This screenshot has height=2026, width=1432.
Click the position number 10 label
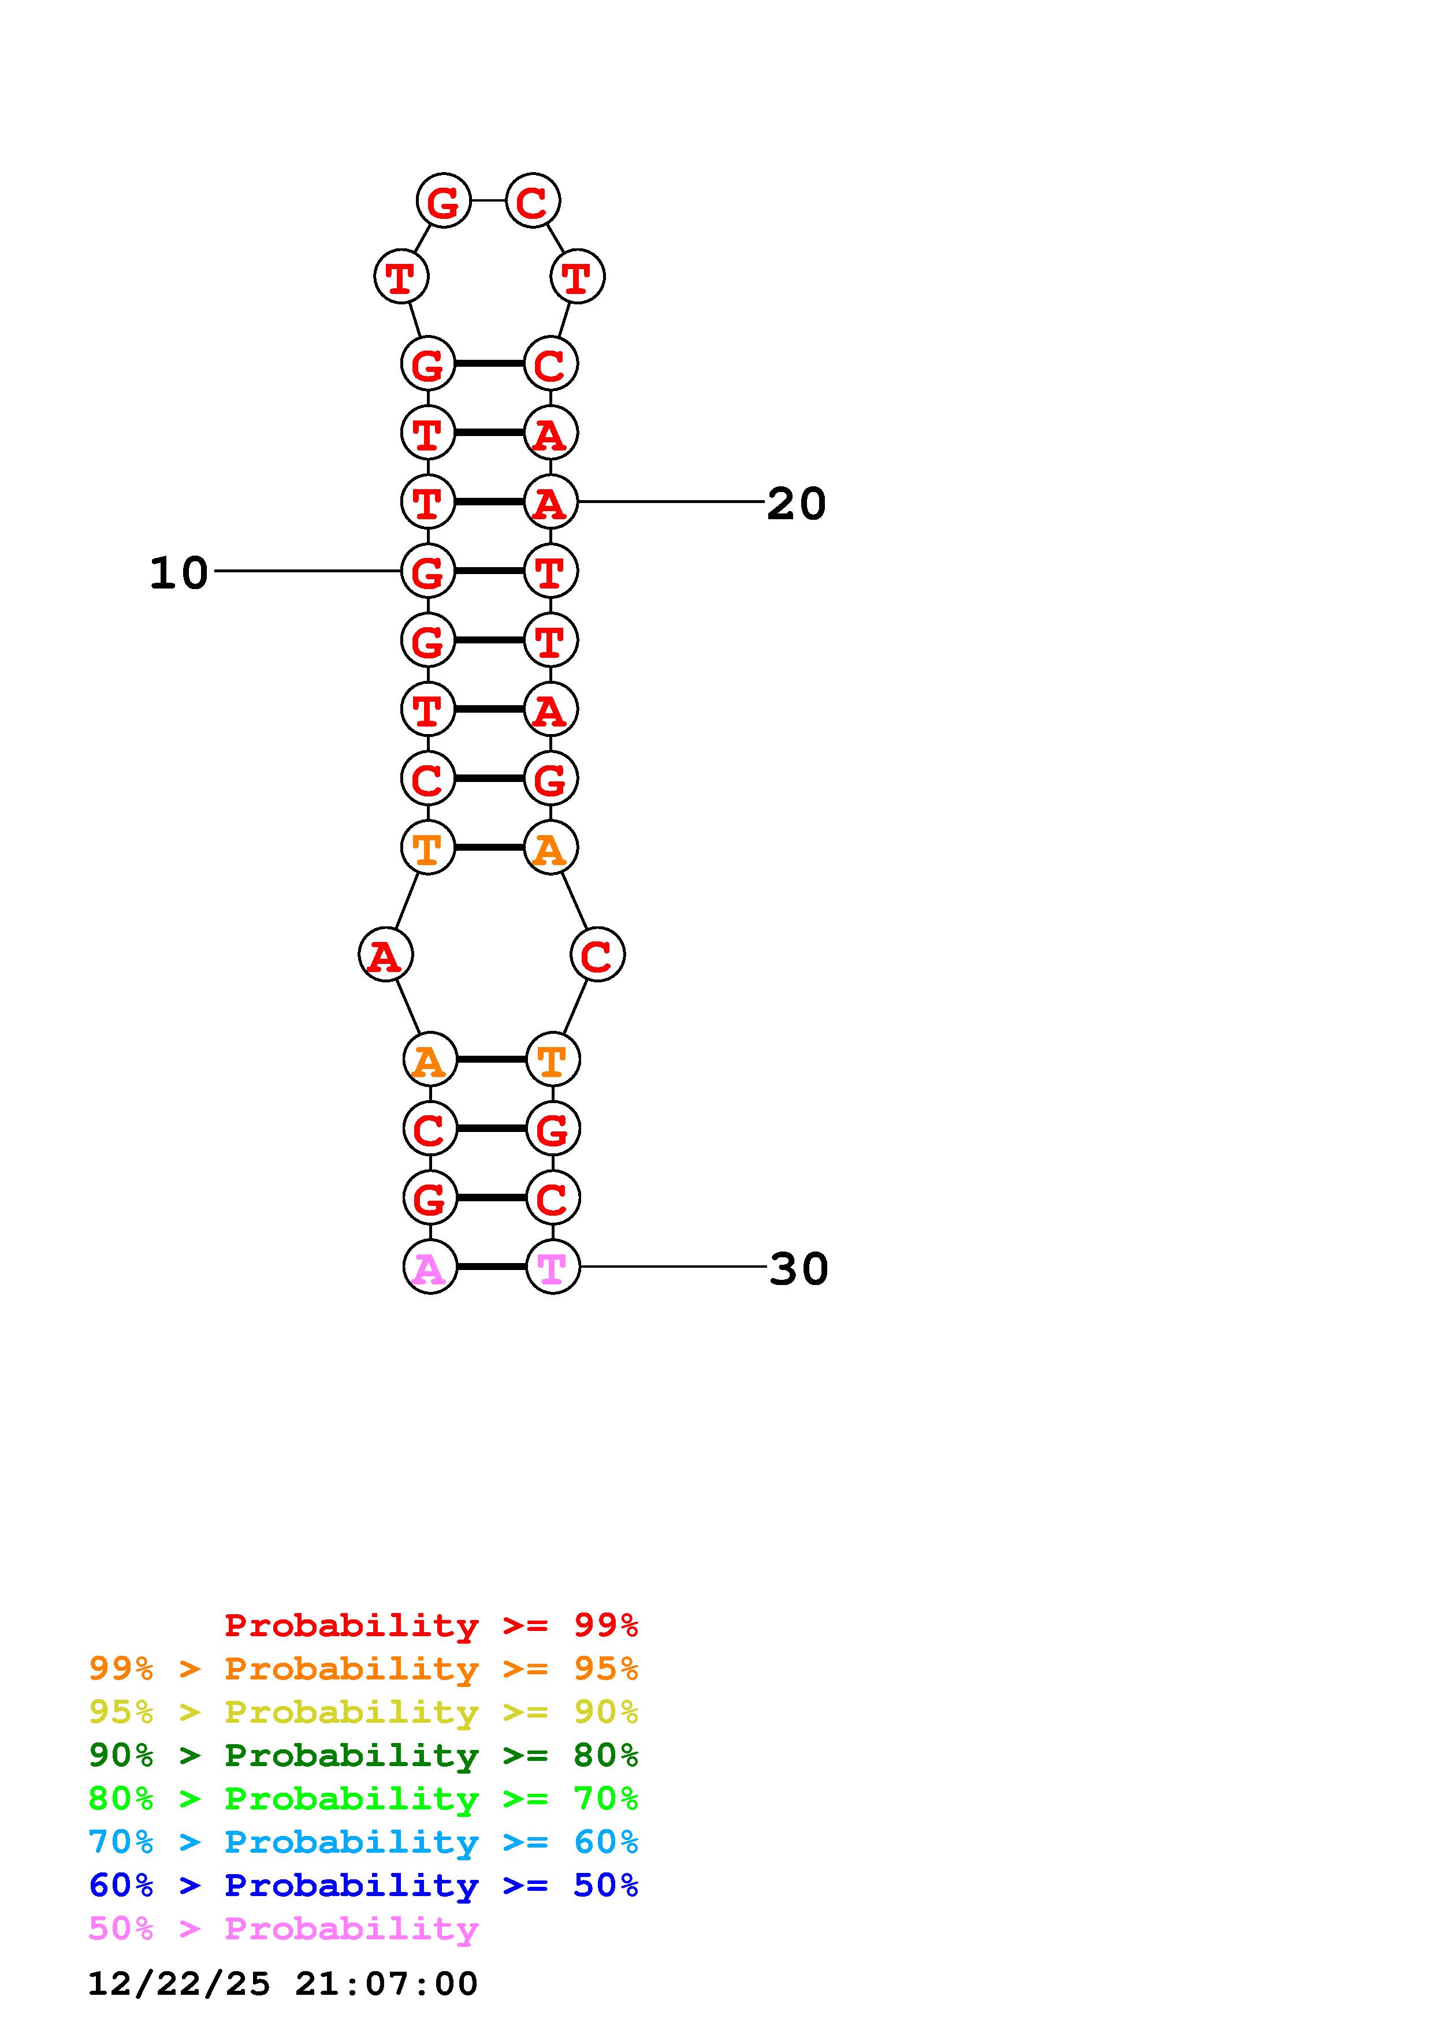pyautogui.click(x=178, y=573)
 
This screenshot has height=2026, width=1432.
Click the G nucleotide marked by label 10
pyautogui.click(x=428, y=572)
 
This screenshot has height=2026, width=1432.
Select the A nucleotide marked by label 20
pyautogui.click(x=551, y=502)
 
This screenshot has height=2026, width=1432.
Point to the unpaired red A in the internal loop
pyautogui.click(x=385, y=955)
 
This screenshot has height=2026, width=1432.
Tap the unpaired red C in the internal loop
pyautogui.click(x=597, y=955)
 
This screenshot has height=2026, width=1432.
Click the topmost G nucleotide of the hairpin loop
pyautogui.click(x=443, y=201)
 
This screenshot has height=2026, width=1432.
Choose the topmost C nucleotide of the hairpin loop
pyautogui.click(x=532, y=201)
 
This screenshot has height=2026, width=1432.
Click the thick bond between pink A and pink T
pyautogui.click(x=492, y=1267)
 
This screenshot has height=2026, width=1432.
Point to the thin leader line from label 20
pyautogui.click(x=671, y=502)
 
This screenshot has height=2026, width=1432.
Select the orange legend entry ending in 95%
pyautogui.click(x=363, y=1669)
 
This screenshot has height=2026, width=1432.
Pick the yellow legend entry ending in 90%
pyautogui.click(x=363, y=1712)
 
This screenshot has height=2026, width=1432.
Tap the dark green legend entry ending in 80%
pyautogui.click(x=363, y=1755)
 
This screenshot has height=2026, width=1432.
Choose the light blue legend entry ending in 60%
pyautogui.click(x=363, y=1842)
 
